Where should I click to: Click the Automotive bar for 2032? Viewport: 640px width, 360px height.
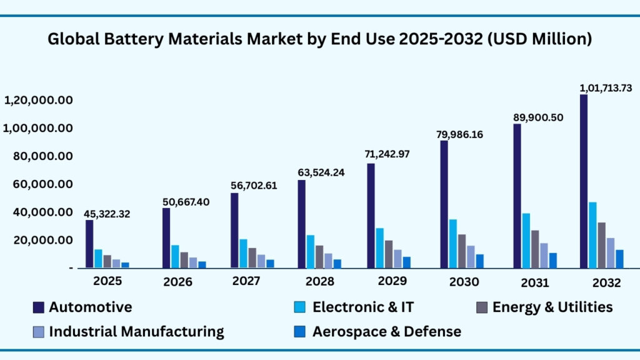click(x=584, y=181)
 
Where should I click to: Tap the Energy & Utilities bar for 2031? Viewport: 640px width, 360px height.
click(x=534, y=249)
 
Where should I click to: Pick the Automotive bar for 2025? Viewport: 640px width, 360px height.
click(x=89, y=244)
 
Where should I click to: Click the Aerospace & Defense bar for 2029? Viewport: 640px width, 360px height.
click(x=406, y=262)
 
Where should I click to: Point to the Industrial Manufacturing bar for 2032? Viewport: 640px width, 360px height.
click(x=610, y=252)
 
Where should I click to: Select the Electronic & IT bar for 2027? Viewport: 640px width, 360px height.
click(x=243, y=253)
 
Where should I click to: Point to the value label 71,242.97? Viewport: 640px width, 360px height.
click(x=387, y=154)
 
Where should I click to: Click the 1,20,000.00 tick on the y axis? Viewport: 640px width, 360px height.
click(x=39, y=100)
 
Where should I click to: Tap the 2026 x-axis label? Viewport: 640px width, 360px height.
click(x=178, y=282)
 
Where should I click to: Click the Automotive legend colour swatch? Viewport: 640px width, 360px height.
click(x=39, y=307)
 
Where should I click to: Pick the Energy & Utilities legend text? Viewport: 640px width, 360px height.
click(x=552, y=307)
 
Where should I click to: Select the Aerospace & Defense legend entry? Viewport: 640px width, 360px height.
click(x=387, y=331)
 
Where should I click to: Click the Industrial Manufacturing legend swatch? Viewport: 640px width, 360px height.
click(x=39, y=331)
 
